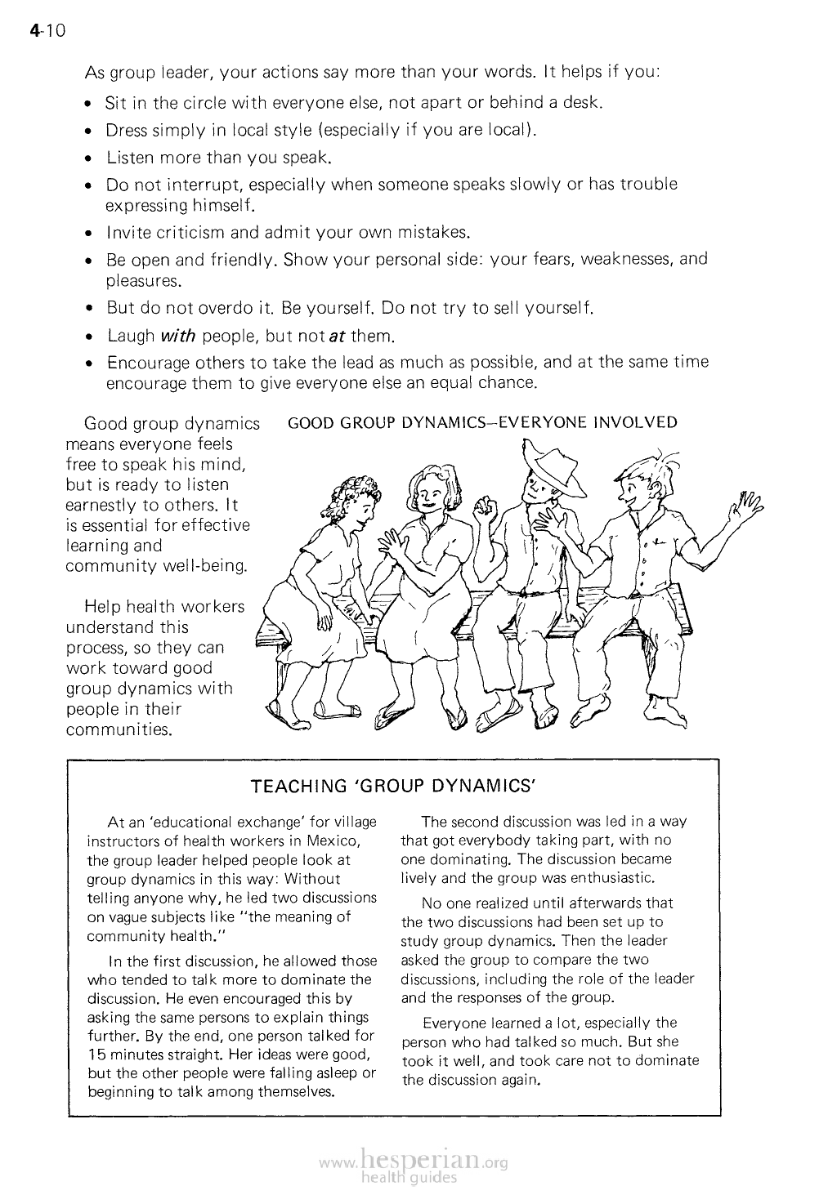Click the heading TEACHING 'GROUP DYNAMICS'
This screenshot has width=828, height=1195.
(x=393, y=787)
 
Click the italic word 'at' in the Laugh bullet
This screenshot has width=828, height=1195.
(x=335, y=336)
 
